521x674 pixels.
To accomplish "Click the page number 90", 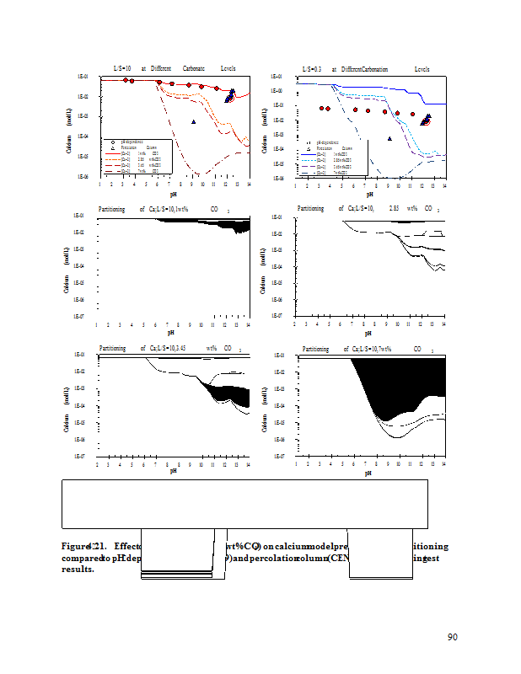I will tap(452, 636).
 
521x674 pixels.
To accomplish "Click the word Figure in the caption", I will tap(75, 545).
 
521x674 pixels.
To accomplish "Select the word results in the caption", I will tap(77, 568).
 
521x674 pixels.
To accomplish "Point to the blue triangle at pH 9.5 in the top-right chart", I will tap(389, 138).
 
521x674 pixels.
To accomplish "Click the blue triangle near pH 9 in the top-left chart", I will tap(194, 122).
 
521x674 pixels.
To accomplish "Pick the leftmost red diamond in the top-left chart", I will tap(125, 80).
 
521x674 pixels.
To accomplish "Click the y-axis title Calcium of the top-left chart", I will tap(68, 145).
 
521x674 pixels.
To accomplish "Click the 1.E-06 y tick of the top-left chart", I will tap(81, 176).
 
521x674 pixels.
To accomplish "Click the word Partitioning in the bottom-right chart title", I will tap(315, 348).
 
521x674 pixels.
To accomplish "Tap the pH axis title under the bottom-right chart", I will tap(368, 473).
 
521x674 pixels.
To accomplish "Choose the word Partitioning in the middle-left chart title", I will tap(118, 208).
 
